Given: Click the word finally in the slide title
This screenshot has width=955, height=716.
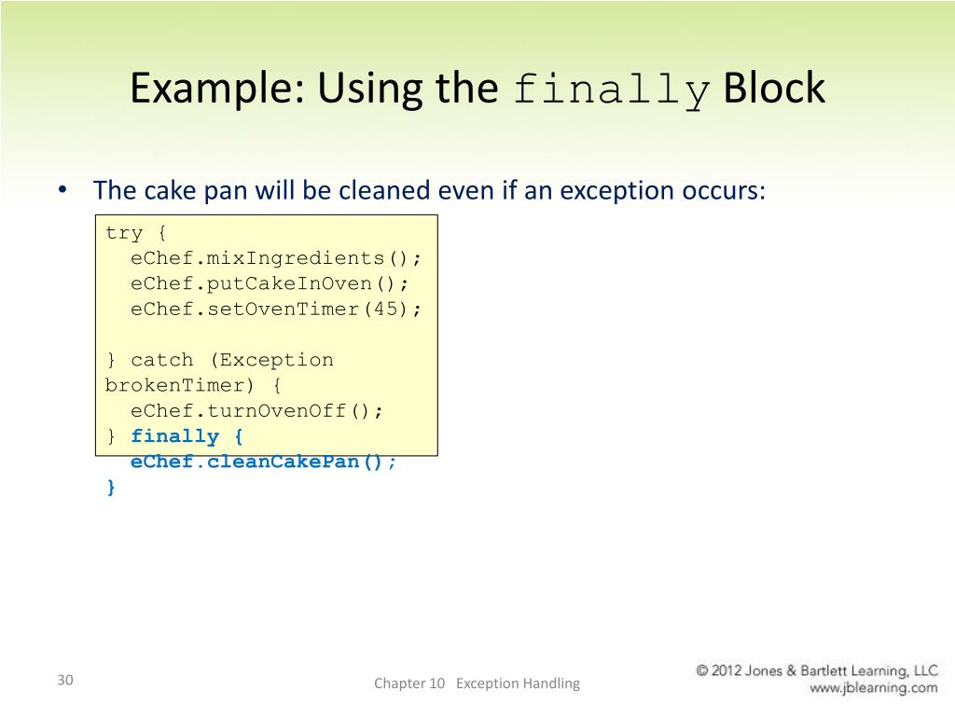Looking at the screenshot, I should coord(612,90).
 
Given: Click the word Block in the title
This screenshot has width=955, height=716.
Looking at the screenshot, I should coord(774,89).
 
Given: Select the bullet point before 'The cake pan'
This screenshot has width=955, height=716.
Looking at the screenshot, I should coord(62,189).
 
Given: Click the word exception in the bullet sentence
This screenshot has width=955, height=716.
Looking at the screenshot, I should coord(634,191).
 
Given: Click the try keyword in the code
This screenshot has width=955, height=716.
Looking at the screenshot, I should coord(124,232).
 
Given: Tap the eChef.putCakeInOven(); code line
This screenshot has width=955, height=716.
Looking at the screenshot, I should coord(270,283).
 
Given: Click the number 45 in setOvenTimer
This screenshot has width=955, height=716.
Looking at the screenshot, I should coord(384,309).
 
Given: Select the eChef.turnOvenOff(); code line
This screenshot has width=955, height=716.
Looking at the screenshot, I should coord(256,410).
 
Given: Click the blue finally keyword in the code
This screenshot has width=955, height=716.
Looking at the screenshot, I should coord(174,436).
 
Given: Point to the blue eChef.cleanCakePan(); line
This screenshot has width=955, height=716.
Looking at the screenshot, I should coord(263,462).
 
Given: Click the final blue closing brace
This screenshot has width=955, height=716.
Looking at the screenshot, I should coord(111,487).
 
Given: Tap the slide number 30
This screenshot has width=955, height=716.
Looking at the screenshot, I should coord(64,680).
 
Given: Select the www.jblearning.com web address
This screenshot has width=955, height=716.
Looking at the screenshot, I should coord(873,688).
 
